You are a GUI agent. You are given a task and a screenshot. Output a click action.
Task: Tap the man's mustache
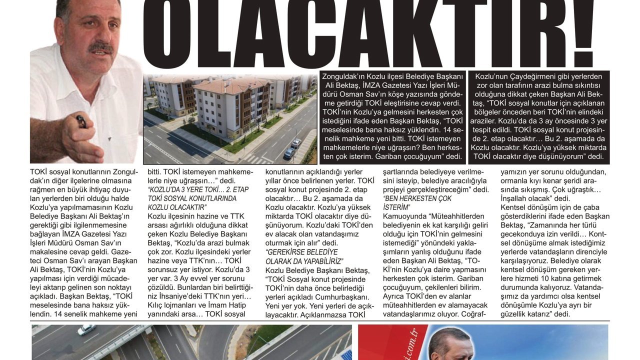pyautogui.click(x=100, y=48)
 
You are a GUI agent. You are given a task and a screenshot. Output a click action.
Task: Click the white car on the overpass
pyautogui.click(x=86, y=329)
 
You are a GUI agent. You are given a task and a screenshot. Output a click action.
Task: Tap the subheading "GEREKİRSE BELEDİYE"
pyautogui.click(x=301, y=251)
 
